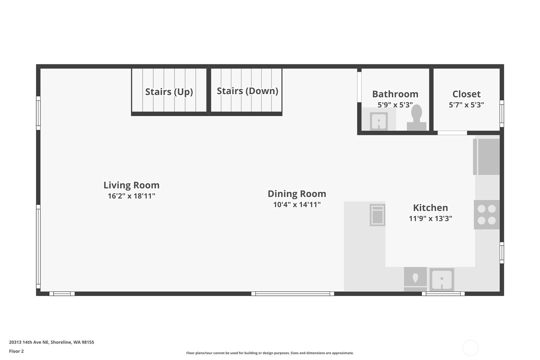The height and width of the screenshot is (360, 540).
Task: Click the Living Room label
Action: point(131,185)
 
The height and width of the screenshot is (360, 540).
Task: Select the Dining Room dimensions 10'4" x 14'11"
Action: point(297,204)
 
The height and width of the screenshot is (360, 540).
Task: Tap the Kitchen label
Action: point(430,208)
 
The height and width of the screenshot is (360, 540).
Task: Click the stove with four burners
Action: point(487,215)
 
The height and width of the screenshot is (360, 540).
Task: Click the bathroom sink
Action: point(379,121)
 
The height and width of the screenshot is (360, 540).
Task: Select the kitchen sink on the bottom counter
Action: point(442,279)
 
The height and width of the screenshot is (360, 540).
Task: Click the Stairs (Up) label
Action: point(169,92)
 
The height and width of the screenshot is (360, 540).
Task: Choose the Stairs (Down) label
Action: point(247,91)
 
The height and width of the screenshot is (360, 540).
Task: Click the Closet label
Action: point(466,94)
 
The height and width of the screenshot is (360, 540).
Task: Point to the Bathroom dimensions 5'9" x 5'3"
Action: point(395,105)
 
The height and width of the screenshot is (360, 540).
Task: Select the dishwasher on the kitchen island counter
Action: point(377,215)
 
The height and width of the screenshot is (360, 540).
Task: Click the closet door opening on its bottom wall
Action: point(452,133)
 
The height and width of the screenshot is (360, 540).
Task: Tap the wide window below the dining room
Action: point(292,293)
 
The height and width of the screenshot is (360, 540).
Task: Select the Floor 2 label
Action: point(16,351)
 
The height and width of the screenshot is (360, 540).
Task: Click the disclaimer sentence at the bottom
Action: point(270,353)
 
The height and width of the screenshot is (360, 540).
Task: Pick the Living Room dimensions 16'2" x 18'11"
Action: point(131,196)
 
